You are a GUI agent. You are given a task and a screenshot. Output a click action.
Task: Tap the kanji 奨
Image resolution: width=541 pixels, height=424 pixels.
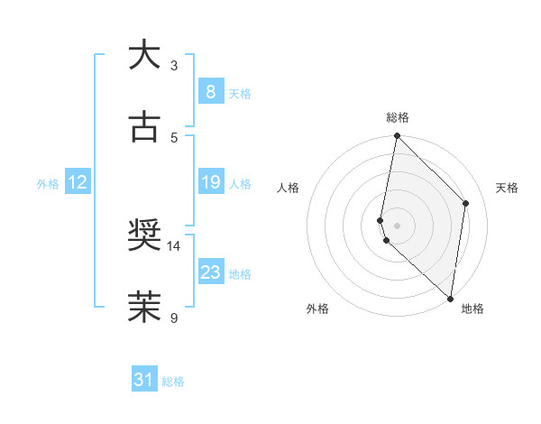144,236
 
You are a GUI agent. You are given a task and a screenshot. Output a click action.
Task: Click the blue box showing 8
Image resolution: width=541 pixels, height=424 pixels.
210,92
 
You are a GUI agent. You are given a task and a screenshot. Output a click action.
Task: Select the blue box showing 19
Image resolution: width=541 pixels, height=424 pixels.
210,183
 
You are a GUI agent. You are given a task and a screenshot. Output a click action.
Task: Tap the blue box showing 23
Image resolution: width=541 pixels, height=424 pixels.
210,272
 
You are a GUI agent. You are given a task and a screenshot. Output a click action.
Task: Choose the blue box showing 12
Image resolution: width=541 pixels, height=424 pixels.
78,183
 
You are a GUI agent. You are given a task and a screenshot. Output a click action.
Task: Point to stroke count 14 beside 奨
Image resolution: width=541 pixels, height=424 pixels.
174,245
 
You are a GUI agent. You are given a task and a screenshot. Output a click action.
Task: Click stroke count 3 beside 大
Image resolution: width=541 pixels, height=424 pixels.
174,65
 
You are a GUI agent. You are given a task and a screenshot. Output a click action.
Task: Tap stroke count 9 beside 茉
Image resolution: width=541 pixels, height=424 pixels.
174,318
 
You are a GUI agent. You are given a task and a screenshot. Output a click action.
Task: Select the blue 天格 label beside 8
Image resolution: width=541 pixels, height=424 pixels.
240,93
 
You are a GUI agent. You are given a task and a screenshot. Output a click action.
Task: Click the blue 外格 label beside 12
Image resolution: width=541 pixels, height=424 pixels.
48,184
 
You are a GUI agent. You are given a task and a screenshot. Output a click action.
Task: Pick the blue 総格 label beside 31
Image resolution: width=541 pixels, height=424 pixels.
173,382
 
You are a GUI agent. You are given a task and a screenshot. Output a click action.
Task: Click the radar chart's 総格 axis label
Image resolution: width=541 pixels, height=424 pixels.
398,117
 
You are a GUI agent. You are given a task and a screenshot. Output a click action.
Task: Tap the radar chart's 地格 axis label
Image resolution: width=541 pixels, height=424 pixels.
472,309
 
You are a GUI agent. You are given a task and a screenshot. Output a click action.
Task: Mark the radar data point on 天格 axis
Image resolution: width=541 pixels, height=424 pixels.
466,203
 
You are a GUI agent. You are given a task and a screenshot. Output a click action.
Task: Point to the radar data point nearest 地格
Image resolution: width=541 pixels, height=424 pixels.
450,299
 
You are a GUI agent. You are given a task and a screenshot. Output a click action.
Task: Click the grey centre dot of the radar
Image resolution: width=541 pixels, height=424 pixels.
397,226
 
